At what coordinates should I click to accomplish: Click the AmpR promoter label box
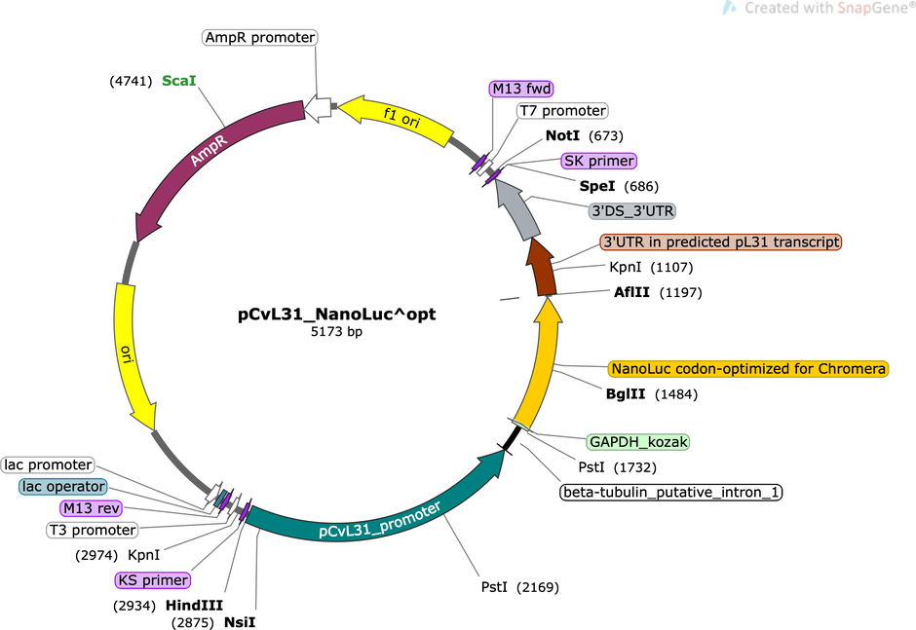point(260,37)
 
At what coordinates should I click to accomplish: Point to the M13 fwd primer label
point(521,89)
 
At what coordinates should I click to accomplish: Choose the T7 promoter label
point(562,110)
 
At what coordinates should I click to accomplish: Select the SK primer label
point(598,161)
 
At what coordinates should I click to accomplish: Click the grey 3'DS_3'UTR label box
point(632,210)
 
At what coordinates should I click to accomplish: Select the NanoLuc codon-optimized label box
point(747,369)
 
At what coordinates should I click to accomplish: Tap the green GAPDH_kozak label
point(638,442)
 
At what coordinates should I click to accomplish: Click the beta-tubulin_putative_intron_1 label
point(671,492)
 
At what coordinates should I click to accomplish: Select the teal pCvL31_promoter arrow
point(374,514)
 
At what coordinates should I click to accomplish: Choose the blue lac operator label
point(63,486)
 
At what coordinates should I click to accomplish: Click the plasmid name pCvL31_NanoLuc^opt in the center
point(336,315)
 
